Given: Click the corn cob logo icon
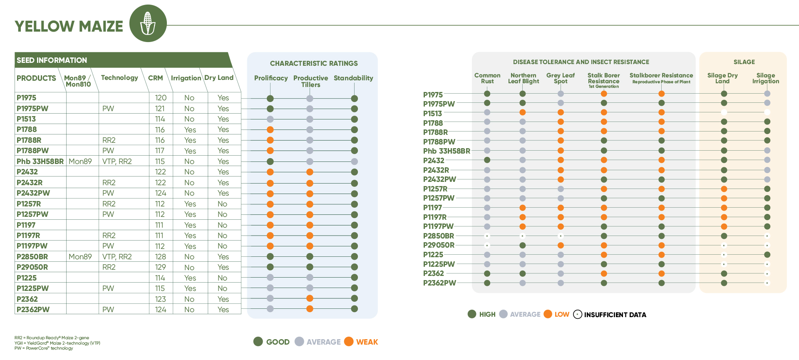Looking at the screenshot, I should [x=148, y=23].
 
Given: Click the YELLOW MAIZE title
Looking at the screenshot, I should [x=69, y=26].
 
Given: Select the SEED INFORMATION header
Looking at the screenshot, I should [x=52, y=60].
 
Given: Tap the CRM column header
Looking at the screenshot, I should [x=155, y=78].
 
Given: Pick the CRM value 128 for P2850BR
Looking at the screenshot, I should [x=161, y=257].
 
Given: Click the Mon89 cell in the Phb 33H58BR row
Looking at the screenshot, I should [x=80, y=161].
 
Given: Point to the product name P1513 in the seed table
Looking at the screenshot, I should [x=26, y=119].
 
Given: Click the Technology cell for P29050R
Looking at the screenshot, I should [x=109, y=267].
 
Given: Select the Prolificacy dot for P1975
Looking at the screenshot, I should [x=270, y=99].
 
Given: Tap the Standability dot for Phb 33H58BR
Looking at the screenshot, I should [x=354, y=161].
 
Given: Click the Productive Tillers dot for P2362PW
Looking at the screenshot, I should [x=310, y=309].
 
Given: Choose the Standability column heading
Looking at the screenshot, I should [x=353, y=78].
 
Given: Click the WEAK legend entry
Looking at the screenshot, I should [x=361, y=342].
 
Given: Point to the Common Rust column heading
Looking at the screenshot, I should [x=487, y=78].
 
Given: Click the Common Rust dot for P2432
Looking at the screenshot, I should [x=487, y=160].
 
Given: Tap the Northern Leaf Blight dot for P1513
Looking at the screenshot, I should [x=523, y=112].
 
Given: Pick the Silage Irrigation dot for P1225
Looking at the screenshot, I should [x=767, y=255].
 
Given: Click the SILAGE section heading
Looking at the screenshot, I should [x=744, y=62].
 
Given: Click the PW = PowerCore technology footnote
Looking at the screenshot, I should [x=44, y=348].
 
